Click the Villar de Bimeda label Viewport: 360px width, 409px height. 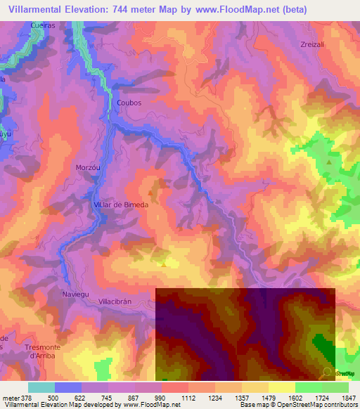pos(121,204)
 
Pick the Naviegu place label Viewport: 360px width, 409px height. pos(76,294)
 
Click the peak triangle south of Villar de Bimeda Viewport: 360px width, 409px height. pos(163,265)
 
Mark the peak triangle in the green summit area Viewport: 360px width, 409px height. pos(329,162)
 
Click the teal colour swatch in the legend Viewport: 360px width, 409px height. pos(41,387)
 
